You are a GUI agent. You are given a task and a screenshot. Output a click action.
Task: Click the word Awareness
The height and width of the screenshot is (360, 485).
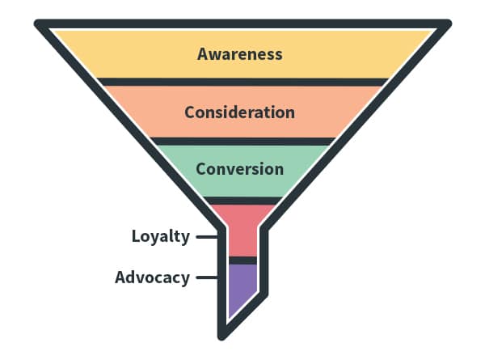(240, 54)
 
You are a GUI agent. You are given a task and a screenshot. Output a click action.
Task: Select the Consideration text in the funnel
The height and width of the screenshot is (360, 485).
(239, 112)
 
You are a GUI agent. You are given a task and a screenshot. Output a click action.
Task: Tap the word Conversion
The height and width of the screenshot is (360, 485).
(239, 169)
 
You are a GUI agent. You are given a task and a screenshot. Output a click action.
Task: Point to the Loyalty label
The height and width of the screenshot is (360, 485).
(160, 236)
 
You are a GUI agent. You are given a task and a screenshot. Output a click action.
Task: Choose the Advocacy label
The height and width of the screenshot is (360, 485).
(152, 277)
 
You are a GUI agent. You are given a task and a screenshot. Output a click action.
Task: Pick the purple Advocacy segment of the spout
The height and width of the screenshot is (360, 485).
(242, 287)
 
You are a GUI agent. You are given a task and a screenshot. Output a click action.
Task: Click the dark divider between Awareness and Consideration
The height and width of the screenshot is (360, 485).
(240, 81)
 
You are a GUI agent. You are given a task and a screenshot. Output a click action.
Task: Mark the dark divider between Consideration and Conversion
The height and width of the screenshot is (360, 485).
(240, 141)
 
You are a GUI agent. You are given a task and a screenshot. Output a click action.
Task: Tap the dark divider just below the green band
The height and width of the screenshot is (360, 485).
(240, 200)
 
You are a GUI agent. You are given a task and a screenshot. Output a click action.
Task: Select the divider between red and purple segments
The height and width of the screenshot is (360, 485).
(242, 260)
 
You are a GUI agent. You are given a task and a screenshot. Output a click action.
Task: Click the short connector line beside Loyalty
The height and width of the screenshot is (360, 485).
(207, 237)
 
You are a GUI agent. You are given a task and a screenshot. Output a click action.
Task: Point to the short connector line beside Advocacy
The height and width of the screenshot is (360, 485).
(207, 277)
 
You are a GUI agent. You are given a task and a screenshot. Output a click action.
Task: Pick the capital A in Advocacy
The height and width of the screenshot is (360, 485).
(120, 277)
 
